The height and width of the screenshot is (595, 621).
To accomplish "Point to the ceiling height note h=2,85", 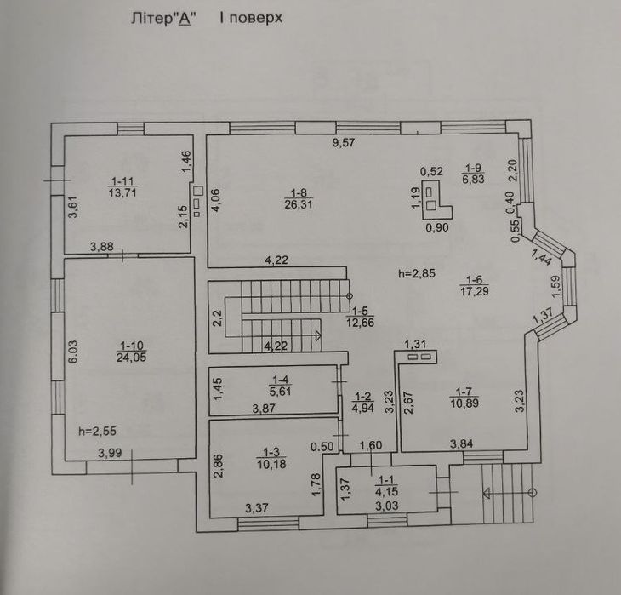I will tap(417, 273).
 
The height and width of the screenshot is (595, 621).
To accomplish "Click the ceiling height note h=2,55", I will tap(95, 431).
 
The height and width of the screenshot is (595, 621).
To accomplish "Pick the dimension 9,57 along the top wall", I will tap(343, 143).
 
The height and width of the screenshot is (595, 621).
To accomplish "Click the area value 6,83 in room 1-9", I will tap(474, 179).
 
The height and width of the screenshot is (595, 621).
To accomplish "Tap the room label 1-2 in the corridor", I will tap(363, 397).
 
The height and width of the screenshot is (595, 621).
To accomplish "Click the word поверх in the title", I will tap(252, 17).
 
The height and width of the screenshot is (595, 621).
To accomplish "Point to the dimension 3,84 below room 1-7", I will tap(461, 443).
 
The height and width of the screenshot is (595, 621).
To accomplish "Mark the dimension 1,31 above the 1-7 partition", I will tap(415, 344).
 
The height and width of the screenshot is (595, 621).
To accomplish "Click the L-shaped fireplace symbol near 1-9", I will tap(436, 199).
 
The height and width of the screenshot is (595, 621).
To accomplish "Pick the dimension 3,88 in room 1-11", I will tap(102, 247).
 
